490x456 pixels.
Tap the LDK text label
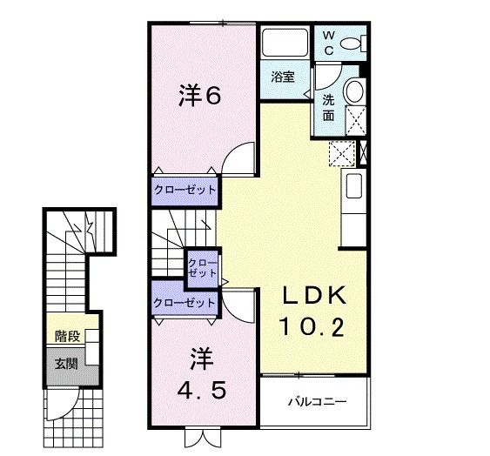coord(313,295)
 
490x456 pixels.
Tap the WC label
coord(329,42)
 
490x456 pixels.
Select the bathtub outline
coord(284,44)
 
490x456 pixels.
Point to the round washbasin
coord(354,91)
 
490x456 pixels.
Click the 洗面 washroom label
coord(329,106)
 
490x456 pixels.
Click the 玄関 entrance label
coord(65,363)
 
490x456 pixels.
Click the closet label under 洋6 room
coord(185,189)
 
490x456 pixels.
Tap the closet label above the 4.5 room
coord(184,303)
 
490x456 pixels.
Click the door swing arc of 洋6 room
coord(237,160)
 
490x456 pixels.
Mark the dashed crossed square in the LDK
coord(340,153)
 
